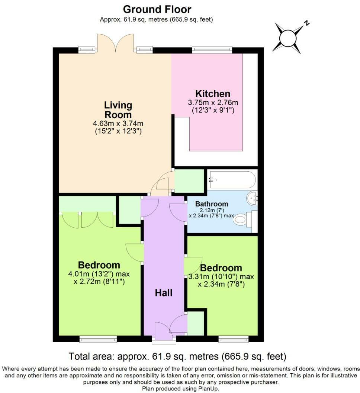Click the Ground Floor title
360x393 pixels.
point(157,10)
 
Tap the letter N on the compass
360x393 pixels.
point(306,23)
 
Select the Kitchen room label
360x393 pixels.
point(213,94)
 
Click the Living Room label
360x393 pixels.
point(118,110)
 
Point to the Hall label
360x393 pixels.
point(164,293)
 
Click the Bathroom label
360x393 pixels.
point(212,204)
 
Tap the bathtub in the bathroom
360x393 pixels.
point(232,180)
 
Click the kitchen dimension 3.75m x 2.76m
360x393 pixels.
point(213,103)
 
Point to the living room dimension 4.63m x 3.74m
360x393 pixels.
point(118,123)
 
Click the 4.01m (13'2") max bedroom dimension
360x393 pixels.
point(99,274)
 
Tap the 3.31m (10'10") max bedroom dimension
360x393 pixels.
point(221,277)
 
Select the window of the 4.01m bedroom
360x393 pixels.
point(98,339)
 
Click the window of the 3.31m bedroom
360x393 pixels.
point(234,339)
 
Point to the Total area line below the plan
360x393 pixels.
point(177,356)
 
